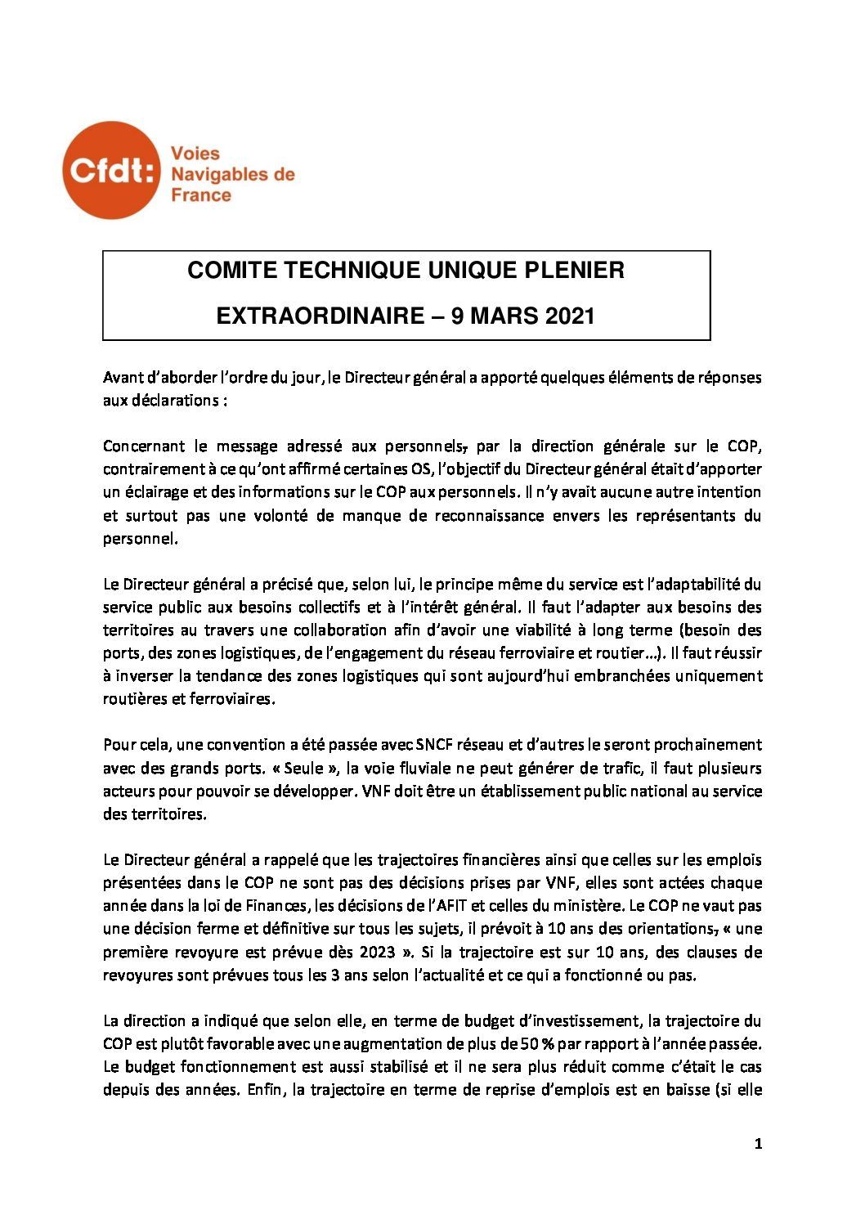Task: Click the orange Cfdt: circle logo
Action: pos(110,170)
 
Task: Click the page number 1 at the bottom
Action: pos(758,1145)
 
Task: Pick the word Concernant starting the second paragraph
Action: pos(143,446)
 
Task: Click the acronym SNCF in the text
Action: pos(436,746)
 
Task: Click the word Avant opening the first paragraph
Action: pos(122,378)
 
